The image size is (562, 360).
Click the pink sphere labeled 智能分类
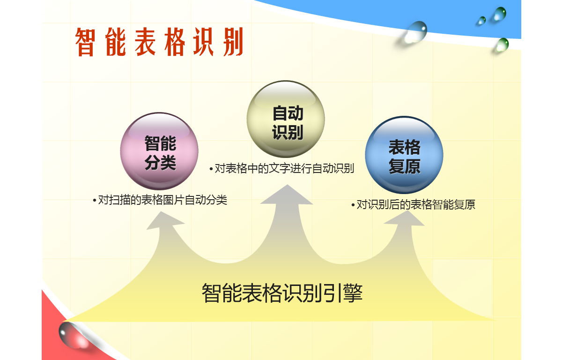pyautogui.click(x=159, y=151)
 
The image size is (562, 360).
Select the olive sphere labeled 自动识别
pyautogui.click(x=286, y=119)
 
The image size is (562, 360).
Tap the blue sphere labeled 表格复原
pyautogui.click(x=404, y=155)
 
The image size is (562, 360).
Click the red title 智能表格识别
pyautogui.click(x=159, y=42)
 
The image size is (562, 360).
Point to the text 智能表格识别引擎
pyautogui.click(x=282, y=292)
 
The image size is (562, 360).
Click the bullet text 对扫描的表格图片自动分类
pyautogui.click(x=163, y=200)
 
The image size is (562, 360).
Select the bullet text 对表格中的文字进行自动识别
pyautogui.click(x=285, y=168)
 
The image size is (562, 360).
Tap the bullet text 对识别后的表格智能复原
pyautogui.click(x=416, y=204)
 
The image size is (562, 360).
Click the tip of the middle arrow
pyautogui.click(x=287, y=185)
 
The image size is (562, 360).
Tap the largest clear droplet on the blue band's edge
pyautogui.click(x=415, y=32)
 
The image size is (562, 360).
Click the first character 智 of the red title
pyautogui.click(x=85, y=42)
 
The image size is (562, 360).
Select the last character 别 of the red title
pyautogui.click(x=233, y=42)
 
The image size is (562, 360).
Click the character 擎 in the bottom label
pyautogui.click(x=353, y=292)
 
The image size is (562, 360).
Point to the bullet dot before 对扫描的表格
pyautogui.click(x=94, y=201)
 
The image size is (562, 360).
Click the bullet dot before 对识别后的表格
pyautogui.click(x=353, y=205)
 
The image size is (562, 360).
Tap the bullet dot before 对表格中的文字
pyautogui.click(x=211, y=169)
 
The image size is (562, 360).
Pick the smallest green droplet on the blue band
pyautogui.click(x=482, y=21)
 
